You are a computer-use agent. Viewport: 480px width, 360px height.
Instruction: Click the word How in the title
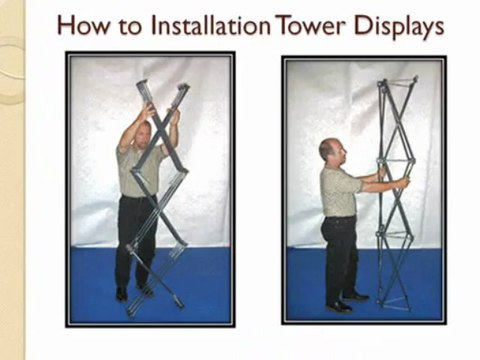point(83,26)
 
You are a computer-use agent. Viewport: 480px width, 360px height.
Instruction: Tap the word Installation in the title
point(210,25)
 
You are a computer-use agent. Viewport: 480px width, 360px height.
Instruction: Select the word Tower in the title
point(310,26)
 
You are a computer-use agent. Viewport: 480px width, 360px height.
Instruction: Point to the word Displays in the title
point(399,27)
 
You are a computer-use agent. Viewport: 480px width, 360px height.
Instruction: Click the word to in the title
point(130,27)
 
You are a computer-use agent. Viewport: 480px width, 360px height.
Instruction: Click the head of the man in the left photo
point(143,135)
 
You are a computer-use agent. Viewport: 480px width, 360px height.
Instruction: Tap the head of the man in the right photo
point(332,154)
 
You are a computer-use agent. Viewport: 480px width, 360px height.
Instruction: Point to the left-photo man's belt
point(138,197)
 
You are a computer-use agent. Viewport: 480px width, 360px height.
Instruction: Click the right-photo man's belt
point(340,218)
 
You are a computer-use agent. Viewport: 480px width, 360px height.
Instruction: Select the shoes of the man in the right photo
point(347,302)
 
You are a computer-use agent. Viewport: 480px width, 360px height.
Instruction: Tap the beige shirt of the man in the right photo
point(337,192)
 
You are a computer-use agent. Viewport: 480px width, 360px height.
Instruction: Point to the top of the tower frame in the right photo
point(397,82)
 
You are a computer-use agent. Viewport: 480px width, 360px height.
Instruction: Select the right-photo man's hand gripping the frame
point(404,183)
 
